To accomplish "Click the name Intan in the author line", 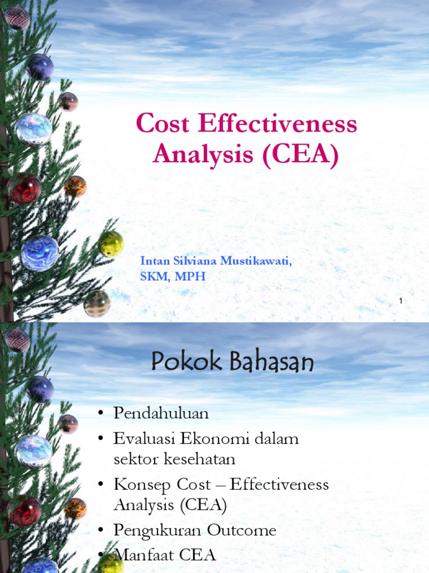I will (154, 261).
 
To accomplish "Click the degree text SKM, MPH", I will (173, 276).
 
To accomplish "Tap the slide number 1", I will (401, 302).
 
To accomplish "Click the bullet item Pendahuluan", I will (161, 414).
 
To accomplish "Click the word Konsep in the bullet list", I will (140, 485).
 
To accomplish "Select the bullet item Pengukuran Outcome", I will (194, 530).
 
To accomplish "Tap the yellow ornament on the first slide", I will (110, 243).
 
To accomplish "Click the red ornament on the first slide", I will (24, 188).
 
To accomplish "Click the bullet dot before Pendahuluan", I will (101, 414).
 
